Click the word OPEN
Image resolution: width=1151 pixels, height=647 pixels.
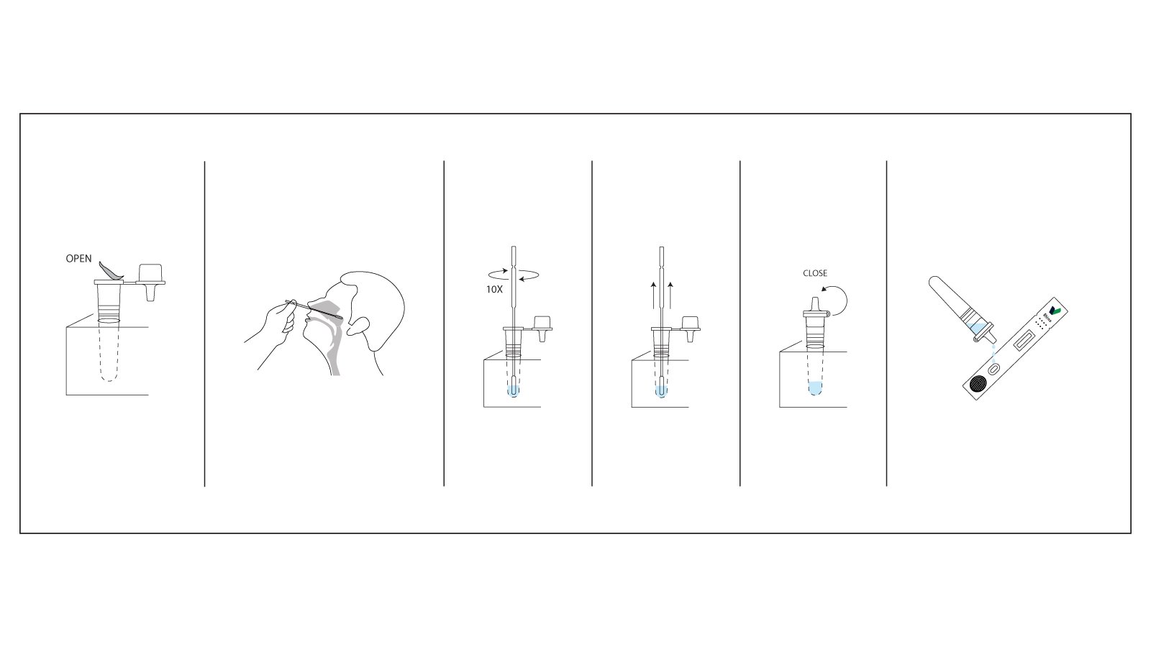78,259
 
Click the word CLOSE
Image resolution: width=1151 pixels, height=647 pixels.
815,273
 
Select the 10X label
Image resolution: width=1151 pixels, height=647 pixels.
494,289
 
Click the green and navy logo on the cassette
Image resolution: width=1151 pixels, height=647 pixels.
1055,310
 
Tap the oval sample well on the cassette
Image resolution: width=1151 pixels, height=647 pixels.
993,369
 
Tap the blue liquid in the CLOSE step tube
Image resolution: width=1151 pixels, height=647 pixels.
815,389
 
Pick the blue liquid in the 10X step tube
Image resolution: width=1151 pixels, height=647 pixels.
513,390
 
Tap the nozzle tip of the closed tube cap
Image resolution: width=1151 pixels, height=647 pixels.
815,300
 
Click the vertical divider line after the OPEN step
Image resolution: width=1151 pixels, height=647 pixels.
205,323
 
